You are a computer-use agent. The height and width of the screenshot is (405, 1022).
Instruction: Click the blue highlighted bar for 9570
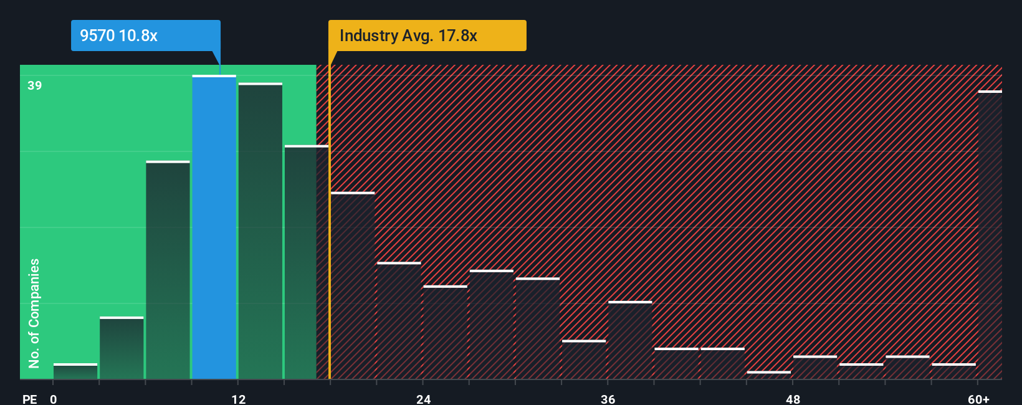pos(214,227)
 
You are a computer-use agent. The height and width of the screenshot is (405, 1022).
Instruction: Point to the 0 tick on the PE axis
pos(54,399)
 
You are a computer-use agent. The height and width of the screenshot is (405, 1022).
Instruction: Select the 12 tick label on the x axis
pos(239,399)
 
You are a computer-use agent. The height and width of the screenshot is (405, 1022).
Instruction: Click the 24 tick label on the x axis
pos(424,399)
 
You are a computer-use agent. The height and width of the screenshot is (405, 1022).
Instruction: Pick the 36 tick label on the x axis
pos(608,399)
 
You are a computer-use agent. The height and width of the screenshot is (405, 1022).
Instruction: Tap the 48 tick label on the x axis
pos(793,399)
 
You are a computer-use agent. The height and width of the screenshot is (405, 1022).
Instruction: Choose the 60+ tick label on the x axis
pos(978,399)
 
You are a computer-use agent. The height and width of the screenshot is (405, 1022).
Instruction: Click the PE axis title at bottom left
pos(29,399)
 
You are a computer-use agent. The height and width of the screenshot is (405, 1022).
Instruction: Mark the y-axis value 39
pos(34,85)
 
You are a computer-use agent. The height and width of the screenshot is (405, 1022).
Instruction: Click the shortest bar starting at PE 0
pos(75,371)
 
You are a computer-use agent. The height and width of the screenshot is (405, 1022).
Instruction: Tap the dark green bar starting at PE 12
pos(260,231)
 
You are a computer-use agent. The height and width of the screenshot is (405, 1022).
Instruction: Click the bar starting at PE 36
pos(630,340)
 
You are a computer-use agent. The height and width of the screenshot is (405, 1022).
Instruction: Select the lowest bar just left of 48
pos(768,375)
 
